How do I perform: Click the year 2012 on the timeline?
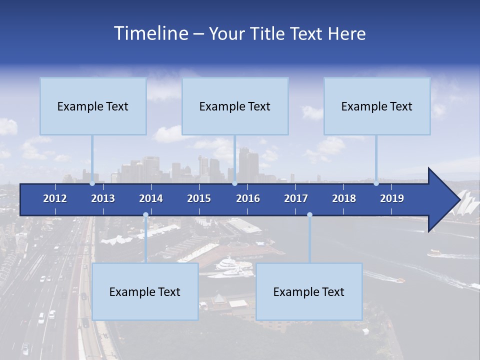55,198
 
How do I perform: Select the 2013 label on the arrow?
103,198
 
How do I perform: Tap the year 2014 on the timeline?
151,198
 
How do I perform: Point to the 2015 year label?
199,198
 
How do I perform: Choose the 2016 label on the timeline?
248,198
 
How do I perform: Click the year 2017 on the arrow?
296,198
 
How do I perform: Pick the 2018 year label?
344,198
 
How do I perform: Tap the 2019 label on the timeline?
392,198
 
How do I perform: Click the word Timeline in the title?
150,33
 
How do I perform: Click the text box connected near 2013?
93,106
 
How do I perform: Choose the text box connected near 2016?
235,106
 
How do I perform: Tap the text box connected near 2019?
377,106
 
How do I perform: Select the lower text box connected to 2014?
145,291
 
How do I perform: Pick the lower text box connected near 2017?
309,291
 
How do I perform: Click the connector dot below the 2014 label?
145,215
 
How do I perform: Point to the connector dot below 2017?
309,215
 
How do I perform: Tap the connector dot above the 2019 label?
376,183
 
